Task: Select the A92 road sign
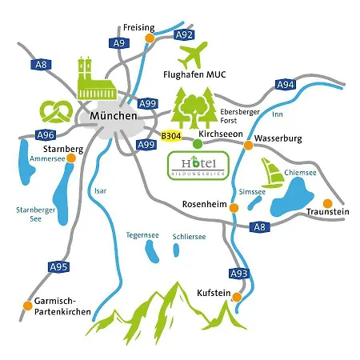point(184,34)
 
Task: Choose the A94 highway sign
point(285,84)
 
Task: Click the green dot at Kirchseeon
point(198,144)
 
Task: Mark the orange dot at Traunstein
point(326,202)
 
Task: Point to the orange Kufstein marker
point(237,295)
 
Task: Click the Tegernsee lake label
point(143,234)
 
